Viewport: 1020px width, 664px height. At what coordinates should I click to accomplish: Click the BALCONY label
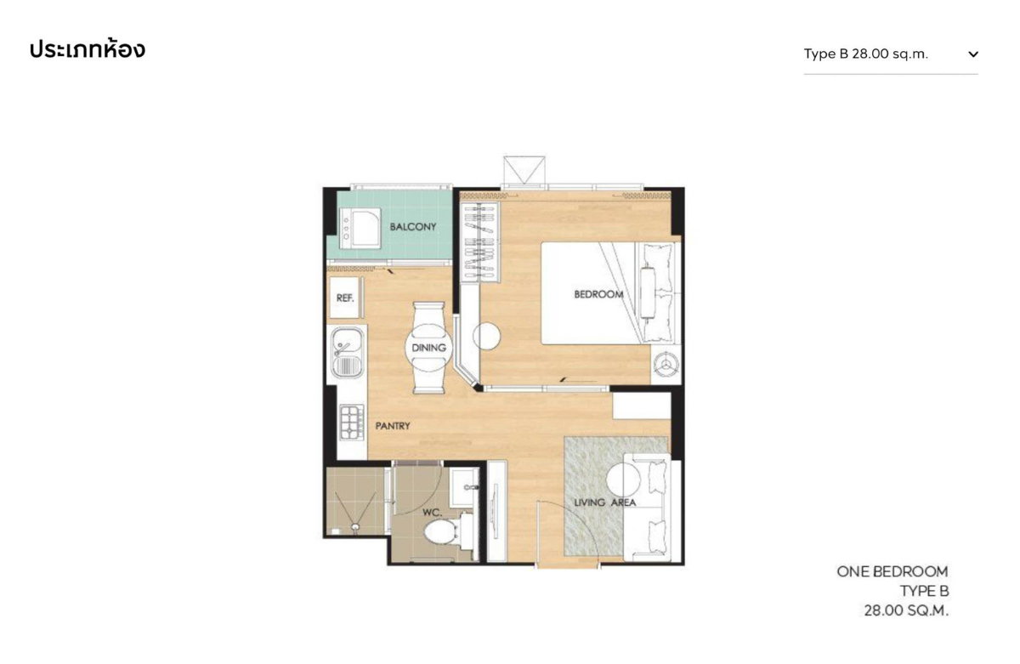click(x=412, y=227)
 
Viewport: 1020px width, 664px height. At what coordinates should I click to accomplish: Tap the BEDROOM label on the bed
click(x=598, y=294)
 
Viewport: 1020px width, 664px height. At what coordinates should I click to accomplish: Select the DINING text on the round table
click(x=428, y=348)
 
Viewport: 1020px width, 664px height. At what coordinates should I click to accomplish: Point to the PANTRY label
click(x=393, y=426)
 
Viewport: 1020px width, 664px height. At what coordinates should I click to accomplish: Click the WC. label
click(x=432, y=513)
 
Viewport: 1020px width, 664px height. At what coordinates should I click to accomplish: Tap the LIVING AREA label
click(x=604, y=502)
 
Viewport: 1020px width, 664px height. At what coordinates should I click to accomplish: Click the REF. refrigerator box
click(x=346, y=298)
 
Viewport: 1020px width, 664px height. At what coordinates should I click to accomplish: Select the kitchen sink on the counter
click(x=347, y=353)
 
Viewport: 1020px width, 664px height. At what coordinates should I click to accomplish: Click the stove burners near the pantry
click(x=352, y=423)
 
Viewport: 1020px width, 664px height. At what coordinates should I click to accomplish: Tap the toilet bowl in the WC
click(x=439, y=532)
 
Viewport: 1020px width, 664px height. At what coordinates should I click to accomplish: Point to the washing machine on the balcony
click(x=360, y=228)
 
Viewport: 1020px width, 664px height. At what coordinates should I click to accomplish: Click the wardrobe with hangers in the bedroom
click(x=479, y=242)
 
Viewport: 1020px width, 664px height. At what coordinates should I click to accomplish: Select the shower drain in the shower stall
click(x=355, y=527)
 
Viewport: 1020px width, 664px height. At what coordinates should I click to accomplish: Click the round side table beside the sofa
click(x=623, y=480)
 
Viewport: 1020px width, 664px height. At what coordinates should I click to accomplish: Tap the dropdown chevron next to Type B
click(x=973, y=54)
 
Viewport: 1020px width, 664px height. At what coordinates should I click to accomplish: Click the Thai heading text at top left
click(x=88, y=49)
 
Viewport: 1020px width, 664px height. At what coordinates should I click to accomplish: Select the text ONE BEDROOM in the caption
click(x=892, y=571)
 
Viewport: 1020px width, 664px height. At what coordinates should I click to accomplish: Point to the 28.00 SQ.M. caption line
click(x=906, y=610)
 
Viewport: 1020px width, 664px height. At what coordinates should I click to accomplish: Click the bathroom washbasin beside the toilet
click(x=463, y=487)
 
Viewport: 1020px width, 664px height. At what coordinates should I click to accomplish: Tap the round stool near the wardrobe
click(x=487, y=336)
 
